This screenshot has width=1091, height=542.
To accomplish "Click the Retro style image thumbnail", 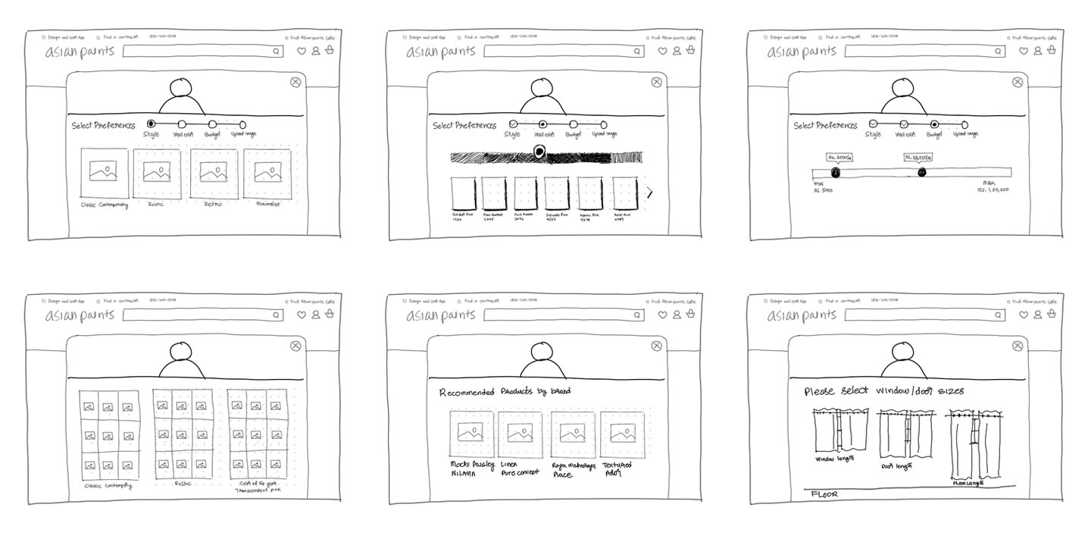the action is pos(214,174).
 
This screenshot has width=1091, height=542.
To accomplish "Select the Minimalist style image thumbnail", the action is pos(273,174).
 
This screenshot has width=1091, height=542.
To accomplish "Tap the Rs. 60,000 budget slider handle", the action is pos(922,173).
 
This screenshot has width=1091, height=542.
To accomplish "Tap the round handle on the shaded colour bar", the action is pos(539,152).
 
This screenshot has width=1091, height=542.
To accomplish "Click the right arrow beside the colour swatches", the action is pos(649,193).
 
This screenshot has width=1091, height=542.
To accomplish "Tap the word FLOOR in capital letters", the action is pos(824,494).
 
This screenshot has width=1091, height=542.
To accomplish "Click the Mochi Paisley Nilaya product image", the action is pos(470,434).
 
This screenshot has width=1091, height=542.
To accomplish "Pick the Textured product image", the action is pos(622,434).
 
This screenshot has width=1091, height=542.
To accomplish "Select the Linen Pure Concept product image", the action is pos(520,434).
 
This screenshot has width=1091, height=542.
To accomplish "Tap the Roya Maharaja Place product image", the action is pos(572,434).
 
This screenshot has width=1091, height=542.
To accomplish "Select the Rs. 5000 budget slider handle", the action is pos(835,173).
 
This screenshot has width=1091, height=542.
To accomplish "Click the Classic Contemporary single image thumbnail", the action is pos(104,174).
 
